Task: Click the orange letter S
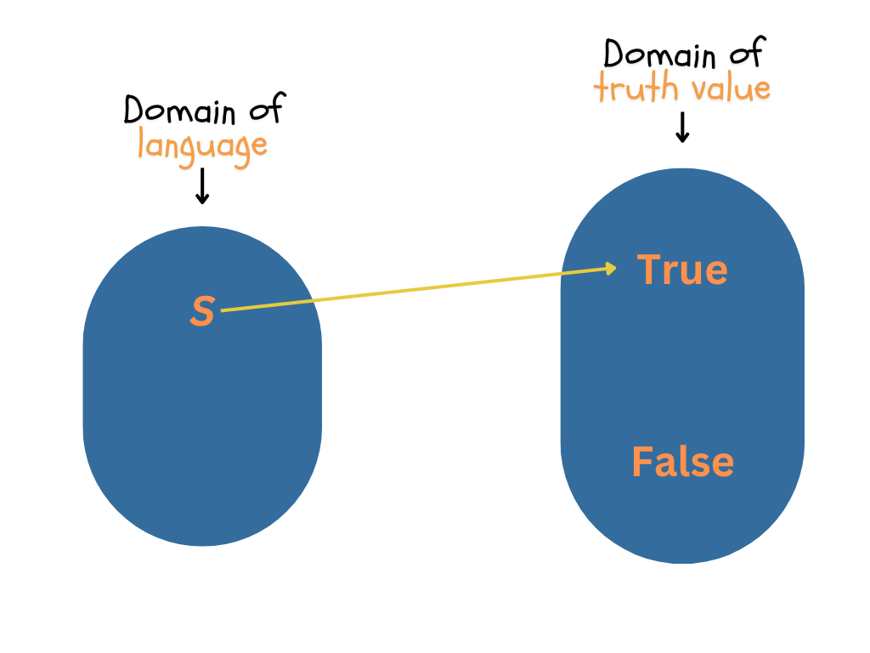(202, 312)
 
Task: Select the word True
(682, 270)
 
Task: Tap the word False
(682, 463)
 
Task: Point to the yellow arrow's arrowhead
(611, 269)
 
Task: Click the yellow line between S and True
(416, 290)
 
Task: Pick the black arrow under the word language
(202, 186)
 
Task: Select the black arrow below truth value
(681, 128)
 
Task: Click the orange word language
(202, 145)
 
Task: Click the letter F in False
(641, 463)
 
